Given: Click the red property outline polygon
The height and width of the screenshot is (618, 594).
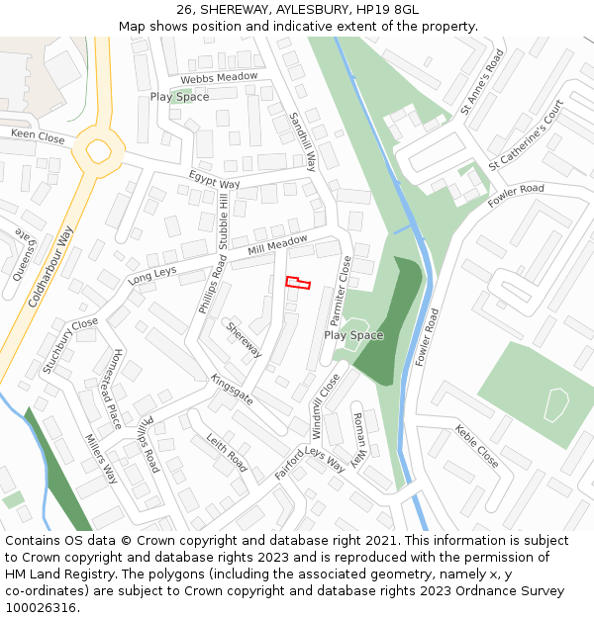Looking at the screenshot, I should (x=298, y=283).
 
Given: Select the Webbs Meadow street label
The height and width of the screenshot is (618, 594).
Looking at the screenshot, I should (x=219, y=77).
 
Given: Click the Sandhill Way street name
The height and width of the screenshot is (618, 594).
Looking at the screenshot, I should (x=303, y=140).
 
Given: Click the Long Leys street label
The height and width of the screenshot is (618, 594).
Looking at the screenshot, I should (x=151, y=275).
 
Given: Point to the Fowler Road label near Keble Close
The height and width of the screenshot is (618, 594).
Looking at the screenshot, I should (x=428, y=337).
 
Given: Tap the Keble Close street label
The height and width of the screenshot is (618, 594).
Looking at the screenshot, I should (x=476, y=445).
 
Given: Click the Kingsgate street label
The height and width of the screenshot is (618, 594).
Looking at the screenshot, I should (x=232, y=389).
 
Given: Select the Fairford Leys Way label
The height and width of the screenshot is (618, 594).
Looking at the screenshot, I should (x=310, y=462).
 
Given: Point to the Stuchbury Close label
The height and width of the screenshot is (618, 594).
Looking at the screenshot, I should (x=70, y=345).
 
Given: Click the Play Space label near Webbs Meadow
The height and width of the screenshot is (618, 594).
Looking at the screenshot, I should (x=179, y=97).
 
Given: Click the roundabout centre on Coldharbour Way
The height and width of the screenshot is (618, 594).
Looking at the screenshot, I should (x=99, y=152).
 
